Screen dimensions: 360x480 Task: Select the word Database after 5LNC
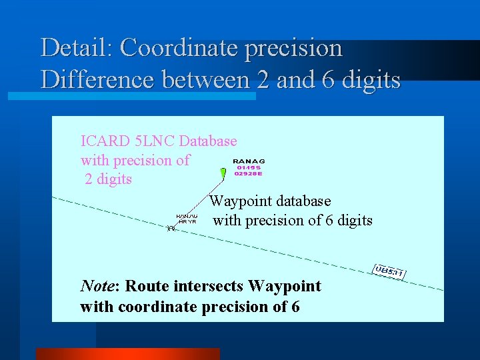(208, 141)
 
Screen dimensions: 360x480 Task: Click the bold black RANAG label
(248, 161)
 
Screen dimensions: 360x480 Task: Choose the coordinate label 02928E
(248, 173)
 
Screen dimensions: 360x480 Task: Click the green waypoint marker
(223, 173)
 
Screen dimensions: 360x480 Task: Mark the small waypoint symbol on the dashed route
(171, 228)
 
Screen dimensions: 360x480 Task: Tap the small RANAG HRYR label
(187, 219)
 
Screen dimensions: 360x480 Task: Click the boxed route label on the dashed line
(389, 271)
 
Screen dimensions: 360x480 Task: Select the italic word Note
(97, 287)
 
